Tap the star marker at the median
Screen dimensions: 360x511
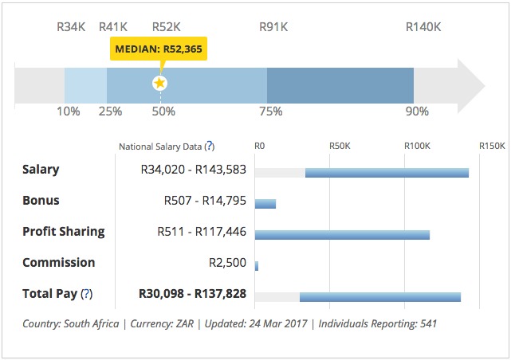[160, 83]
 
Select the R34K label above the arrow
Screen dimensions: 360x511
[71, 26]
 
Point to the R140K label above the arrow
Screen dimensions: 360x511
[423, 26]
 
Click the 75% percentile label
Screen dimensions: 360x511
[271, 112]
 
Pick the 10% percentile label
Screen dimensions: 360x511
[68, 112]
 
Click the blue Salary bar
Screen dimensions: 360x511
[387, 173]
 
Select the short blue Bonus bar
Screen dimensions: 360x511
[265, 204]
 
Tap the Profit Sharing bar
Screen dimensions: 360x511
[342, 235]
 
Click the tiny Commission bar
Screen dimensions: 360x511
[257, 265]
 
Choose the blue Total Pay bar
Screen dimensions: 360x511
[380, 297]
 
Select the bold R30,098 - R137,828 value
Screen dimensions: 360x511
[192, 294]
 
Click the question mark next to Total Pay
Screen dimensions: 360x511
[87, 294]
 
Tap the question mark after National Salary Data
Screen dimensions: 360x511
[209, 147]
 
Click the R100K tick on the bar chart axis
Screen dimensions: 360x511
[416, 147]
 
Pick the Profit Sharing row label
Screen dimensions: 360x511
[64, 232]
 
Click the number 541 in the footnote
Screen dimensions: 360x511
[427, 324]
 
